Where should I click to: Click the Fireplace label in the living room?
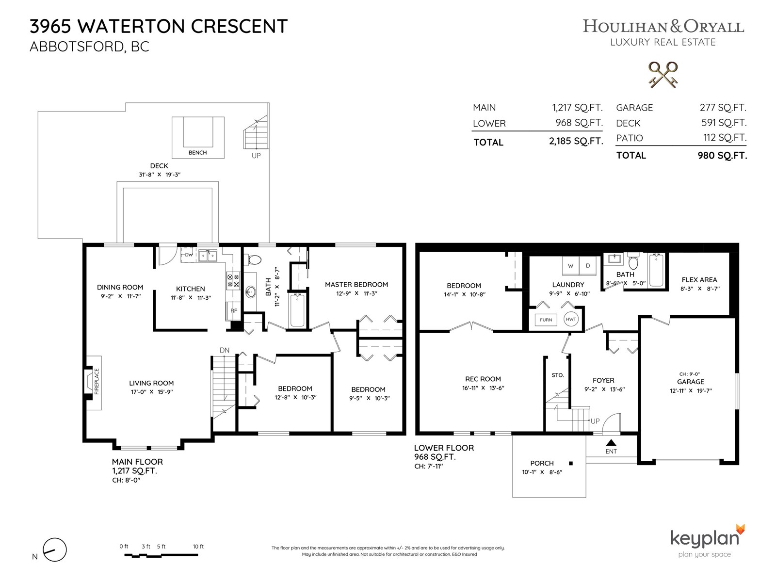tap(97, 381)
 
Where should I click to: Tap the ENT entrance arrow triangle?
tap(611, 442)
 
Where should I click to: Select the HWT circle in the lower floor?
tap(571, 319)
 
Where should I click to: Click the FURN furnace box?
tap(546, 320)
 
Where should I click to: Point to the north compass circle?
tap(55, 550)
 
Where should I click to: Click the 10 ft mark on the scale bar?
tap(198, 546)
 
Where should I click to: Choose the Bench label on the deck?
tap(197, 153)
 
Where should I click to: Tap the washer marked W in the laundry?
tap(570, 266)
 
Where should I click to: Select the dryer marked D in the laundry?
tap(587, 266)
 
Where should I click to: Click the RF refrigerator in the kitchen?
tap(233, 311)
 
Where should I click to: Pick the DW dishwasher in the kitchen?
tap(189, 255)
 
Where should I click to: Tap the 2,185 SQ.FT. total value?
tap(576, 141)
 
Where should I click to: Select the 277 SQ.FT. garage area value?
tap(723, 107)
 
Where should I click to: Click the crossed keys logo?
tap(663, 75)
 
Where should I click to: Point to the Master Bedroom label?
tap(356, 285)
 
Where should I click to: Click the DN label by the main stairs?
tap(225, 350)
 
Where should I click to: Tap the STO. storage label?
tap(558, 375)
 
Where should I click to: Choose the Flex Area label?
tap(699, 280)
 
